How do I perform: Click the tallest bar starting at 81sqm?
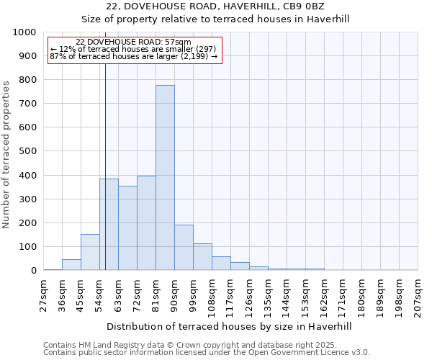click(165, 178)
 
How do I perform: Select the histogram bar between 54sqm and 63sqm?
click(109, 225)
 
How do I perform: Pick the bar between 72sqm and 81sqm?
click(146, 223)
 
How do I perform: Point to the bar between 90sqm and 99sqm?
click(184, 248)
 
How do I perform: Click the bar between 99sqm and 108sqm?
click(202, 257)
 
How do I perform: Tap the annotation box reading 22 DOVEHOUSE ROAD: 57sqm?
click(133, 50)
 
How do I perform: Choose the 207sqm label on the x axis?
click(418, 295)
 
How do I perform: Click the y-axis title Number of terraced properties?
click(6, 154)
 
